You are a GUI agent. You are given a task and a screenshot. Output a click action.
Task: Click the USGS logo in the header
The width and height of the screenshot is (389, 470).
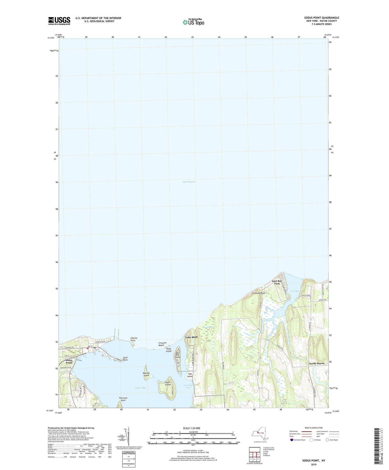(x=59, y=21)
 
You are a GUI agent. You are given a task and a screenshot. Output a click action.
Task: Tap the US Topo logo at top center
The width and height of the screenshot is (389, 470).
(x=193, y=22)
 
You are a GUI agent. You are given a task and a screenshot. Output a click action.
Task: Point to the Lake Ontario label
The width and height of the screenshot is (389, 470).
(x=189, y=182)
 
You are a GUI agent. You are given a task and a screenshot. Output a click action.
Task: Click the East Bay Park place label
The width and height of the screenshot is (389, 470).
(x=277, y=282)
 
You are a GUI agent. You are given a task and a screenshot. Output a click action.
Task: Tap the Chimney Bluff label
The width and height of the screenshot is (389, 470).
(x=259, y=293)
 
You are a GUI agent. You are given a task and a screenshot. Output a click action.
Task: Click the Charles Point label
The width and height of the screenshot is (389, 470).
(x=134, y=339)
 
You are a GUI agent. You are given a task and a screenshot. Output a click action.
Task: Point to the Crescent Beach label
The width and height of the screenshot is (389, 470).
(x=162, y=344)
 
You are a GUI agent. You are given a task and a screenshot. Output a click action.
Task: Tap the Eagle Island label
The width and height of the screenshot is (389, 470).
(x=168, y=383)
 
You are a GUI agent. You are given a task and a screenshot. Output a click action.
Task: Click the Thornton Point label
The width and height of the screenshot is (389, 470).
(x=123, y=399)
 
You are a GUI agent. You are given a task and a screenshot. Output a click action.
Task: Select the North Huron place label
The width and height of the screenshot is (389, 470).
(x=317, y=363)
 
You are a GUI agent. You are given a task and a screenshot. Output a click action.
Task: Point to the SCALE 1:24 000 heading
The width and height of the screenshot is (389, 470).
(x=193, y=428)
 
